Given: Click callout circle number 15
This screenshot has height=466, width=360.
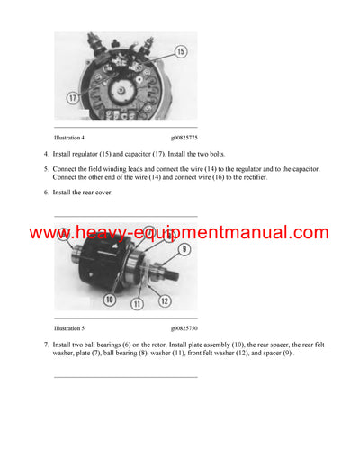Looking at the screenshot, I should [x=180, y=52].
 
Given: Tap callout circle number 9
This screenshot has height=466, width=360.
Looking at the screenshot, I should [x=184, y=249].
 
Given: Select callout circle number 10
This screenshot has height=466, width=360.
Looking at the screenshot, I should [x=109, y=300].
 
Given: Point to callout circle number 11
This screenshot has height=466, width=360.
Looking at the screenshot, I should [x=139, y=305].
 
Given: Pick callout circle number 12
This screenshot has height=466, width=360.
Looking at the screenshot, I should [x=166, y=299].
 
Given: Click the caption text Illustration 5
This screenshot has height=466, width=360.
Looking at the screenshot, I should [x=69, y=329].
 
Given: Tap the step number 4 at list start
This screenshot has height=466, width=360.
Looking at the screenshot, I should [x=46, y=155].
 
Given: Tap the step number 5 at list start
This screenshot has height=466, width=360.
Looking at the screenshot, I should [x=46, y=169].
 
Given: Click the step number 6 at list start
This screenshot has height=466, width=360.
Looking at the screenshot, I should [x=46, y=192].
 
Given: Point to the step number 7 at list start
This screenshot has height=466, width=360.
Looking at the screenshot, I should [x=46, y=345].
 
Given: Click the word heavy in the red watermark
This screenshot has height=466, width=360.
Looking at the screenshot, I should [x=92, y=233].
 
